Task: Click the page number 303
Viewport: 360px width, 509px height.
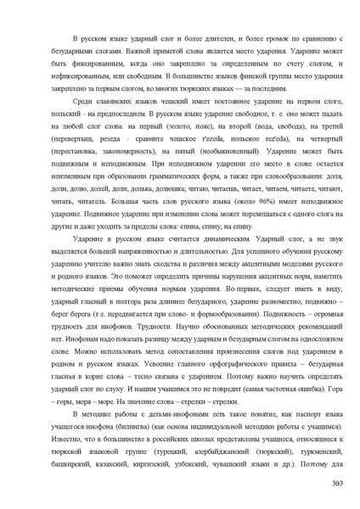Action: (x=336, y=484)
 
